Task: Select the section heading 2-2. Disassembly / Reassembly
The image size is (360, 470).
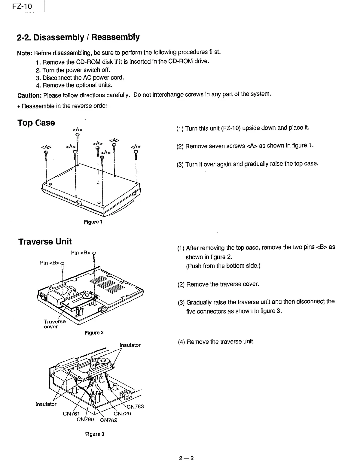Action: (x=78, y=38)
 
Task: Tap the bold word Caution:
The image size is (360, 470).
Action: (x=30, y=96)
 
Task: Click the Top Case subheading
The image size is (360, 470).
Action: (x=36, y=123)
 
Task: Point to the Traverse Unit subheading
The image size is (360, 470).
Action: (x=45, y=242)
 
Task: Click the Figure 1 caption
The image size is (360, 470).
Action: (x=93, y=222)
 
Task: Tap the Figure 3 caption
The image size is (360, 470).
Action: (x=94, y=434)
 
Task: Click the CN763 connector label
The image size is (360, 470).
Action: (x=135, y=407)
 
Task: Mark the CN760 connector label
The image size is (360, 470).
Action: (x=85, y=420)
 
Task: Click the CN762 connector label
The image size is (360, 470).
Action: (x=108, y=420)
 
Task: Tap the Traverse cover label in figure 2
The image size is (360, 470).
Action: (x=54, y=324)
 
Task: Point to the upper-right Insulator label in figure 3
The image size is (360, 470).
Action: (x=130, y=345)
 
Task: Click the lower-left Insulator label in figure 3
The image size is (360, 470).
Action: (x=46, y=404)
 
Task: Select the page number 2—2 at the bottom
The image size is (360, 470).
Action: (x=186, y=458)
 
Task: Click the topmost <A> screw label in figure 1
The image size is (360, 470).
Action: (x=77, y=129)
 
